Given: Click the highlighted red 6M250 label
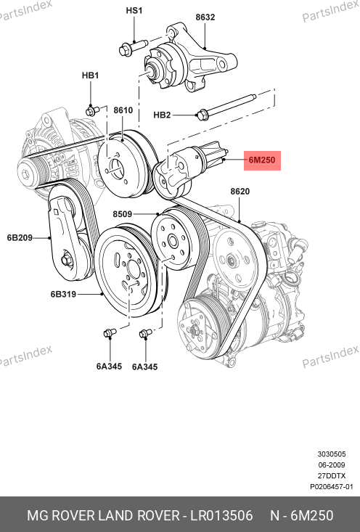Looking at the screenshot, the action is [262, 160].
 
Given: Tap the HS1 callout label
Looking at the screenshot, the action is [134, 10].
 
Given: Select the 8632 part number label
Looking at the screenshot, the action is [205, 17].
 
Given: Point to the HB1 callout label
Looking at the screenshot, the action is [90, 75].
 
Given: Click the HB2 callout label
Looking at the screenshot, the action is [162, 115].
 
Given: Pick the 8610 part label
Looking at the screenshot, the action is [123, 110].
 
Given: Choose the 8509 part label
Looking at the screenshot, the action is [123, 214].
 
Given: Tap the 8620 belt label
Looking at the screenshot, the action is [240, 192].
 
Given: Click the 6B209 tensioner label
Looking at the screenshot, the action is [20, 237].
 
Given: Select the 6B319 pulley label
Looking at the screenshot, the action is [63, 294].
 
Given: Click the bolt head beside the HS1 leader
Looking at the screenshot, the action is [125, 50].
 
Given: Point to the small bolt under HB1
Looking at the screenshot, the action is [90, 110].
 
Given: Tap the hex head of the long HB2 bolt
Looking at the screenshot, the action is [202, 115].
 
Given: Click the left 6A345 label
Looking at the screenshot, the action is [109, 367].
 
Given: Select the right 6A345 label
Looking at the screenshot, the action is [145, 367].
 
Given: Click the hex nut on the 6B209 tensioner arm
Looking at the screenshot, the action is [65, 261].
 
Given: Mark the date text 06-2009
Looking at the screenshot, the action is [332, 465].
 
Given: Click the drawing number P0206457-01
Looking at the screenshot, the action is [332, 486].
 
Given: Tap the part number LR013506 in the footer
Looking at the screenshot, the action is [221, 516].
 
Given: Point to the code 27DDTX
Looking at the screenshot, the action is [332, 475].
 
